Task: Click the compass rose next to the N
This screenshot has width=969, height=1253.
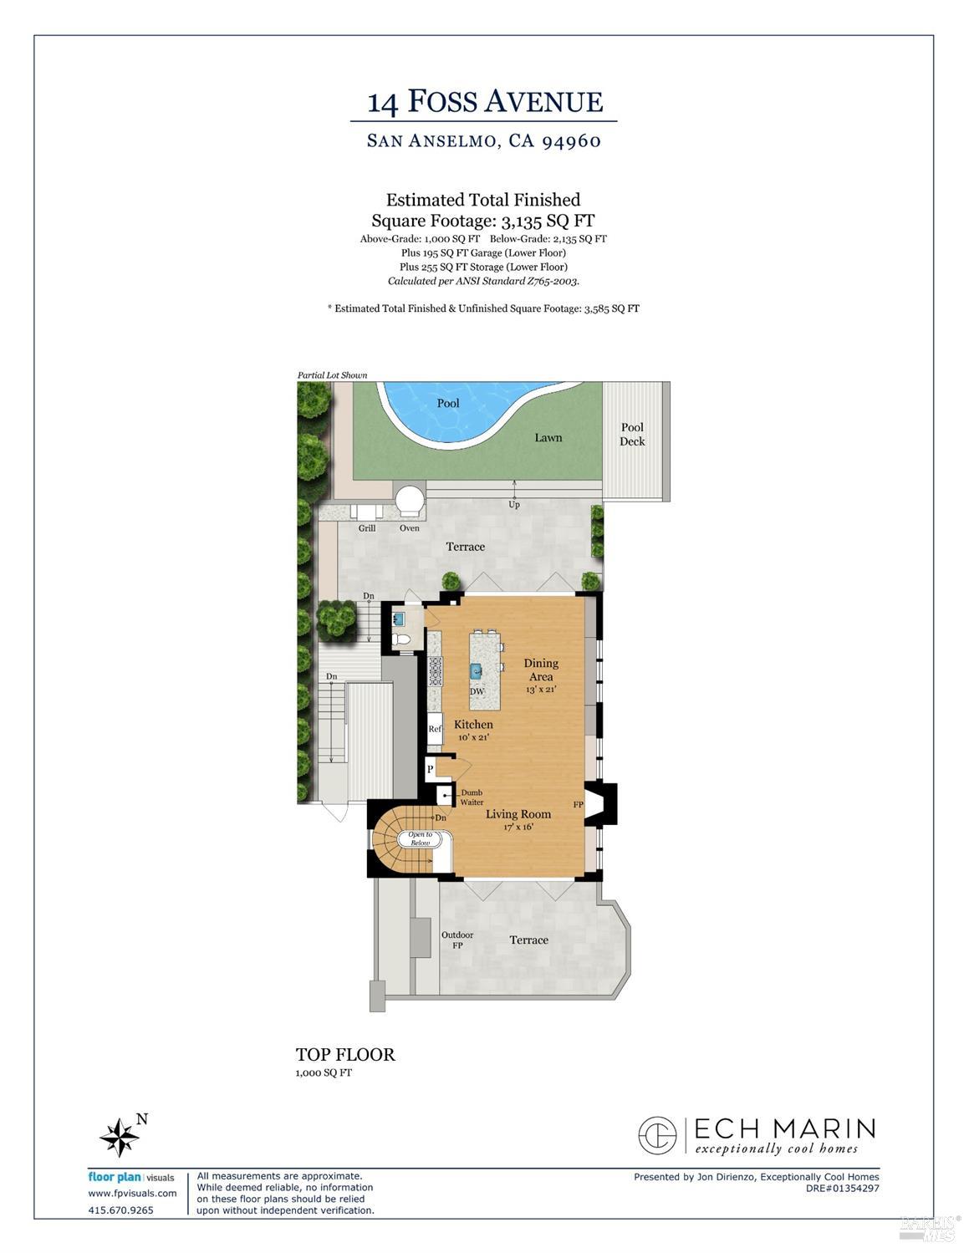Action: (119, 1137)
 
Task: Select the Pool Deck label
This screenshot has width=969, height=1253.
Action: (632, 435)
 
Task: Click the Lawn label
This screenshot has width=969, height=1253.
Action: (548, 438)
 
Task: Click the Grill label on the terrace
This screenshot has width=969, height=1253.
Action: (367, 528)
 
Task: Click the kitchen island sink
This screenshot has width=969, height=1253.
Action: (477, 670)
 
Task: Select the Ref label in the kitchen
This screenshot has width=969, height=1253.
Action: (435, 729)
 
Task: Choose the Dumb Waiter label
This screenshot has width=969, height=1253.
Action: (472, 797)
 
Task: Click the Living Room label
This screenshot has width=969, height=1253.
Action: (518, 814)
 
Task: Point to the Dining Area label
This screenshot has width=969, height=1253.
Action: (541, 670)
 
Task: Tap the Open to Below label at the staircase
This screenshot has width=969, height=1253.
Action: (420, 838)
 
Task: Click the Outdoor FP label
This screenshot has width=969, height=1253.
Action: (457, 940)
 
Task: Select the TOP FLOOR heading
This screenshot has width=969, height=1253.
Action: (345, 1055)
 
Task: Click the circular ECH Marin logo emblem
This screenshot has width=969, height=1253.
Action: (657, 1136)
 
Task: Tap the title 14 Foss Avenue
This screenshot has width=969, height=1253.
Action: (485, 102)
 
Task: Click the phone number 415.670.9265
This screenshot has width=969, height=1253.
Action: (121, 1210)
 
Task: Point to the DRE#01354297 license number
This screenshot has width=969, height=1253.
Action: (842, 1188)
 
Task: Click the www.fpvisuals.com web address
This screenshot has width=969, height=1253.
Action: (132, 1194)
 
